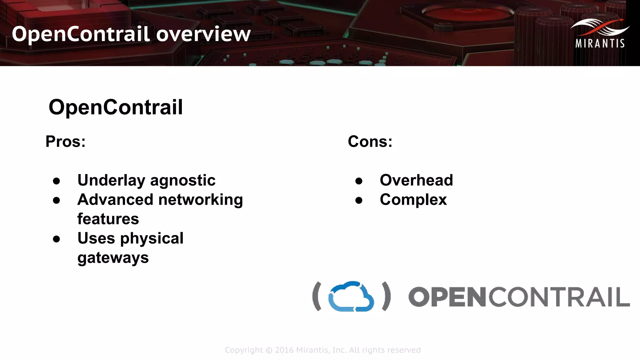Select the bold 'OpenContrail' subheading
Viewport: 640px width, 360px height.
[116, 107]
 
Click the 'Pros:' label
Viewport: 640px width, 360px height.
[65, 142]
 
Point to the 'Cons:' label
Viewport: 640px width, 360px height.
[370, 142]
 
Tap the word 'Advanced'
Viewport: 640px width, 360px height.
[115, 200]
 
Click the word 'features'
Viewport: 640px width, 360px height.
[108, 219]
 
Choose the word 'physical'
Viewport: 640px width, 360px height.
[152, 239]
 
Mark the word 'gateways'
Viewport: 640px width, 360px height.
[113, 258]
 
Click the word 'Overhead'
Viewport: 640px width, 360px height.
[416, 180]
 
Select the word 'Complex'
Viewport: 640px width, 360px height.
[413, 200]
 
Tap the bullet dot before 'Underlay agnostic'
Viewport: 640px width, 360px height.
[57, 181]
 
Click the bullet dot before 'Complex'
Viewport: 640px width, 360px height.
[359, 200]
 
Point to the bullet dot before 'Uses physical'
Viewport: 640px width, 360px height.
[57, 239]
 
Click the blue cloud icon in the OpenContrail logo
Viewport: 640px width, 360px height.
[351, 297]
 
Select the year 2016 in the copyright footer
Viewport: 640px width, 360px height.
[284, 350]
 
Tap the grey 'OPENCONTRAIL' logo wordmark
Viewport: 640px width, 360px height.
[519, 297]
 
